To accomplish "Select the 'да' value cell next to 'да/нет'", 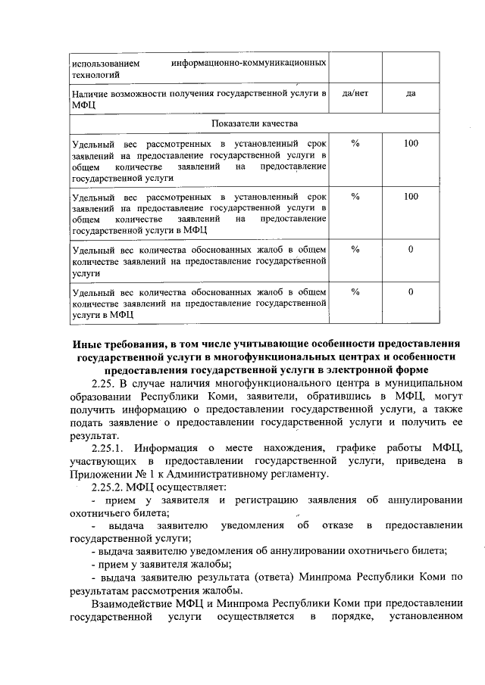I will coord(411,93).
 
